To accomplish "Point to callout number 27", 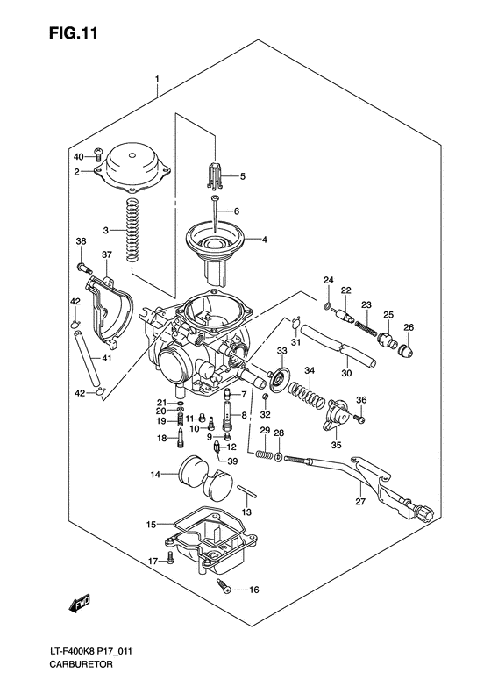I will tap(359, 503).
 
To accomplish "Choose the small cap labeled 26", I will tap(407, 353).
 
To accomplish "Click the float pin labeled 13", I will tap(246, 498).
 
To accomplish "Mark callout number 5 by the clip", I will tap(243, 176).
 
